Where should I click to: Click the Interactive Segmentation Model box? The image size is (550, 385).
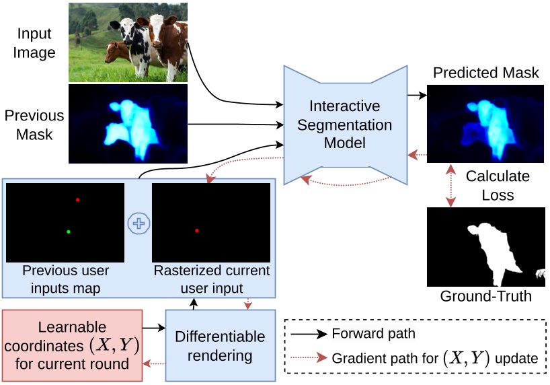pos(345,125)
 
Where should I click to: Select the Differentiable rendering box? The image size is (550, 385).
pos(221,345)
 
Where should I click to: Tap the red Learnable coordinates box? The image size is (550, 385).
pos(72,345)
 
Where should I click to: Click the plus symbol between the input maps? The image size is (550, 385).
pos(138,224)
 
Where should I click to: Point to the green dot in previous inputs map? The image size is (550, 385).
pos(69,232)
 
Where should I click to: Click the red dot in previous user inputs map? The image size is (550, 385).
pos(77,200)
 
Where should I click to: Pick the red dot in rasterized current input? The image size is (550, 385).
pos(196,231)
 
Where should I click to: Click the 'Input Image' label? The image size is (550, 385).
pos(34,42)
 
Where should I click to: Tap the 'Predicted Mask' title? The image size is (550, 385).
pos(485,73)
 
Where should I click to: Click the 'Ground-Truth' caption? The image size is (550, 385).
pos(485,296)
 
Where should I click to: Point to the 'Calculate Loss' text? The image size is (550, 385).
pos(498,186)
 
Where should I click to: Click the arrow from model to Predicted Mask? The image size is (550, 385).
pos(417,96)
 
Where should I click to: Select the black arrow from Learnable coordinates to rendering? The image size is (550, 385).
pos(154,328)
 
